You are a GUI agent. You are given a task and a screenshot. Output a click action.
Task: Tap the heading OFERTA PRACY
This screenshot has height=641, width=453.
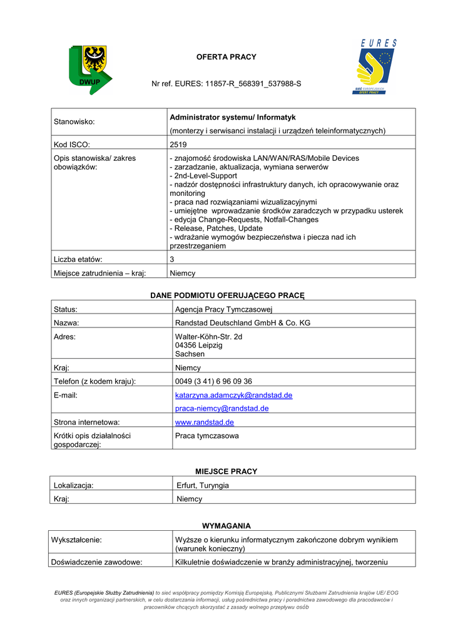pos(227,57)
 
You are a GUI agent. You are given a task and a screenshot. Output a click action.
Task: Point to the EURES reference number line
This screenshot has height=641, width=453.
pos(227,83)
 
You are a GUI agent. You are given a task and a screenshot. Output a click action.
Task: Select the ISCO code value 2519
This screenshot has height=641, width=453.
pos(178,145)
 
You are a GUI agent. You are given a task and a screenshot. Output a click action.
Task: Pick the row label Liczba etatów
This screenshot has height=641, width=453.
pos(78,259)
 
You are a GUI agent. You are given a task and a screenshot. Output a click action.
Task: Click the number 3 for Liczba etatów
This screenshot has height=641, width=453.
pos(172,259)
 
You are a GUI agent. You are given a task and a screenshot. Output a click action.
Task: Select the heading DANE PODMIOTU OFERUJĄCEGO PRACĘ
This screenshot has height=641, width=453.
pos(227,295)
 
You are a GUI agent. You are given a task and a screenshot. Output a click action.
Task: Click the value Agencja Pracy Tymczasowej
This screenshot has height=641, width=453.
pos(224,309)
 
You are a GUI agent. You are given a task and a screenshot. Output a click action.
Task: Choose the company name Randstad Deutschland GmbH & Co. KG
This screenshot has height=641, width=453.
pos(243,323)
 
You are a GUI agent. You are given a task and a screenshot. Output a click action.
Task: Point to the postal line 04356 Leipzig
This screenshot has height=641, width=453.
pos(199,346)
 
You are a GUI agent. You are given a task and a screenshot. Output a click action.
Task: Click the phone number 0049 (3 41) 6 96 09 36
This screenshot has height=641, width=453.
pos(213,381)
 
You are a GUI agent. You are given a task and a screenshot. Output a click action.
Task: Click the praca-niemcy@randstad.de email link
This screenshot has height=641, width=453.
pos(221,408)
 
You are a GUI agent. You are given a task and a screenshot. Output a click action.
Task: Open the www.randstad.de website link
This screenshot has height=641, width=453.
pos(205,423)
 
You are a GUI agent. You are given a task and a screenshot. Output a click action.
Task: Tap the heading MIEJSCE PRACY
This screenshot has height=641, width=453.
pos(227,471)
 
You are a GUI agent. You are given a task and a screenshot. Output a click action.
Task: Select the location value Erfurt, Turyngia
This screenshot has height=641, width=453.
pos(203,486)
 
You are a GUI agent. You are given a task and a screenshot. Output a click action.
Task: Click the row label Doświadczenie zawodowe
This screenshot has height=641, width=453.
pos(98,562)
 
